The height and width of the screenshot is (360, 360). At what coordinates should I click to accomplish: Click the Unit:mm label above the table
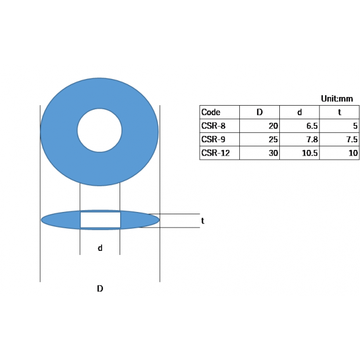(x=337, y=99)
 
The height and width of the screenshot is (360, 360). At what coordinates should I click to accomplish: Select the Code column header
(x=211, y=112)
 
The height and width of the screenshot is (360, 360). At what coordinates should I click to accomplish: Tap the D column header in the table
(x=260, y=112)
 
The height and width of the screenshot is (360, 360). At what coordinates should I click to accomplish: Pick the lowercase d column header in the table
(x=300, y=112)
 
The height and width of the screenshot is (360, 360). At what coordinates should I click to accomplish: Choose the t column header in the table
(x=339, y=112)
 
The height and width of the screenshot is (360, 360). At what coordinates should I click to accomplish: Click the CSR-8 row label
(x=213, y=126)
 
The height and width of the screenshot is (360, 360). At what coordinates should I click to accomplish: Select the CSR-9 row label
(x=213, y=139)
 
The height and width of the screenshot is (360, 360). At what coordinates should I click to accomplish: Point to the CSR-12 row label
(x=215, y=153)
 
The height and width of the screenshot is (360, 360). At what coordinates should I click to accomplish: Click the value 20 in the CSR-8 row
(x=273, y=126)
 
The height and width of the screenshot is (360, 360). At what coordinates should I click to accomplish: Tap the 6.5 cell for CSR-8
(x=312, y=126)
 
